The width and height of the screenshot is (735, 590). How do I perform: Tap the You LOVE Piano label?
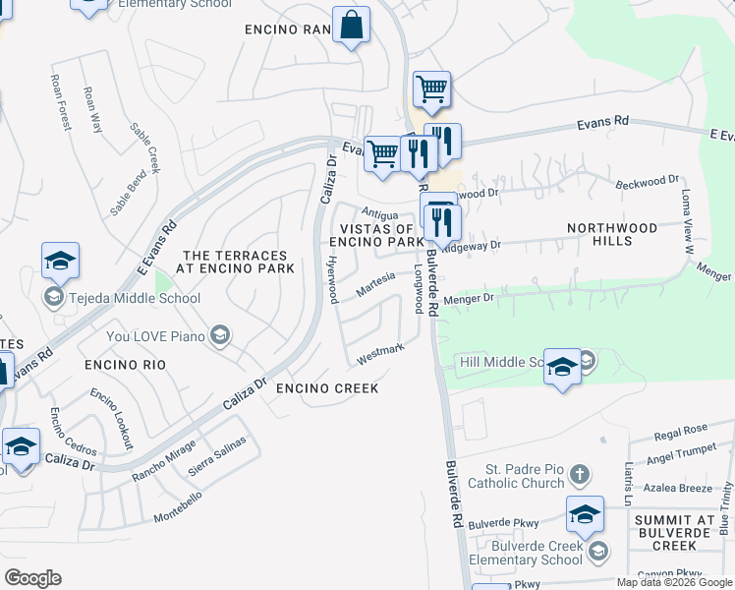[155, 337]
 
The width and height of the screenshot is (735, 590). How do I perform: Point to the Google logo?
[32, 577]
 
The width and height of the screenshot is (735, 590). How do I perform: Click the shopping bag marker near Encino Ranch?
[351, 27]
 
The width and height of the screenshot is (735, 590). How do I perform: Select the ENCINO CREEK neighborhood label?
[327, 388]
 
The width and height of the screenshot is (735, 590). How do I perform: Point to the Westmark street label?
[381, 352]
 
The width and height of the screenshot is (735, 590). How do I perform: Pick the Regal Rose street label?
[681, 431]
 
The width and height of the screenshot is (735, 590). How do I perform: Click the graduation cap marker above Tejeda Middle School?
[60, 261]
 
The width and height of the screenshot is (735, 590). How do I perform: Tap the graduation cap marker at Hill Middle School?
[562, 367]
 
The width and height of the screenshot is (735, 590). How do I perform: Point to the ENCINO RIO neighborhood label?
[125, 363]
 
